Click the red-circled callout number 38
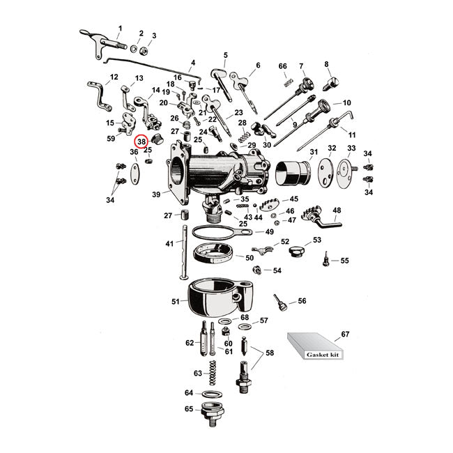coord(141,142)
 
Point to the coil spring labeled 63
coord(215,373)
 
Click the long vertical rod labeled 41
coord(185,251)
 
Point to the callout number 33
coord(351,148)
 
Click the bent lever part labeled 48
coord(321,217)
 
